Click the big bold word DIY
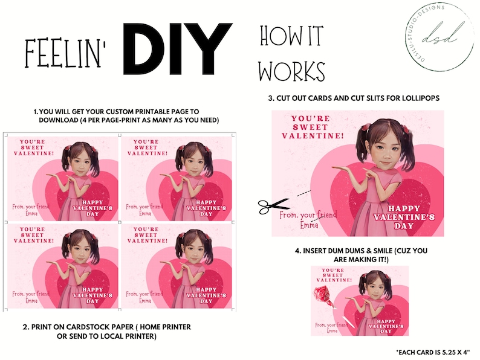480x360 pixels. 178,49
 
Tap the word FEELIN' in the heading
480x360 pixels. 65,53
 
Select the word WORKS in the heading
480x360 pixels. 292,71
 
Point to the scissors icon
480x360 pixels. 273,206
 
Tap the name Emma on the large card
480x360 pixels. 309,225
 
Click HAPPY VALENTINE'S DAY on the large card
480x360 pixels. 404,217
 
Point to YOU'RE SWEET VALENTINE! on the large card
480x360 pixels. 313,127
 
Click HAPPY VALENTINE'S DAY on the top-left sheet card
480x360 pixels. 92,208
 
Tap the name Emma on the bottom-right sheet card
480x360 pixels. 145,301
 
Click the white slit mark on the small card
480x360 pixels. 348,322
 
